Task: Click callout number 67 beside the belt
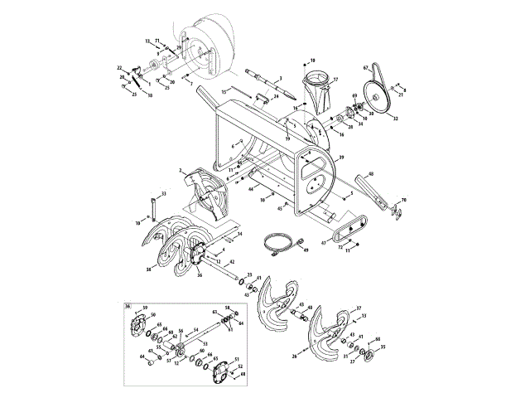(365, 68)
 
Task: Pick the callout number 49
(306, 250)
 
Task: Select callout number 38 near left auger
(149, 269)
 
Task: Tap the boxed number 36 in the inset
(128, 306)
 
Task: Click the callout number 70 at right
(404, 201)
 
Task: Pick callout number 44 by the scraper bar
(250, 189)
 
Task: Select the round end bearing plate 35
(369, 355)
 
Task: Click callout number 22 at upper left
(119, 67)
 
